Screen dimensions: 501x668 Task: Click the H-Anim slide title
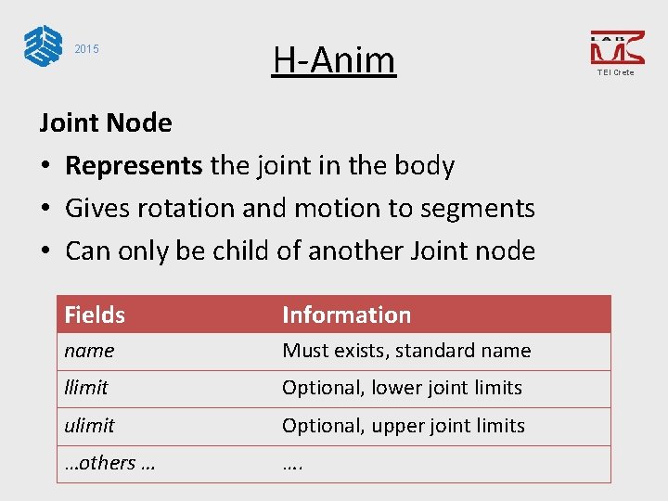pos(334,60)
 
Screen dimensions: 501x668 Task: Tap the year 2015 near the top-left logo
pos(86,49)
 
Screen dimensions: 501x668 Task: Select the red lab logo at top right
pos(616,47)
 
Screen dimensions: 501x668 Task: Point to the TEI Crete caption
pos(616,72)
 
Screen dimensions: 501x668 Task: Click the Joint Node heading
pos(105,122)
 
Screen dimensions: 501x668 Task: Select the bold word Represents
pos(134,165)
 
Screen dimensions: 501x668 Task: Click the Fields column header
pos(95,315)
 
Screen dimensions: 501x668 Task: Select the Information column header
pos(346,315)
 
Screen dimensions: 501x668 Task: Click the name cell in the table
pos(89,351)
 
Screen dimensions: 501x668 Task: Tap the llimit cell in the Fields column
pos(86,388)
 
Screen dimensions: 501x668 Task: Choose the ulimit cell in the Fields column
pos(89,426)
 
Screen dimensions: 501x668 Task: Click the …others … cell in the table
pos(109,463)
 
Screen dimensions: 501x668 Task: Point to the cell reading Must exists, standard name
pos(406,351)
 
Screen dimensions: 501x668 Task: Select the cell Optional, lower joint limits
pos(402,388)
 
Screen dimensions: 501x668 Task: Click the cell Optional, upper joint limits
pos(404,426)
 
